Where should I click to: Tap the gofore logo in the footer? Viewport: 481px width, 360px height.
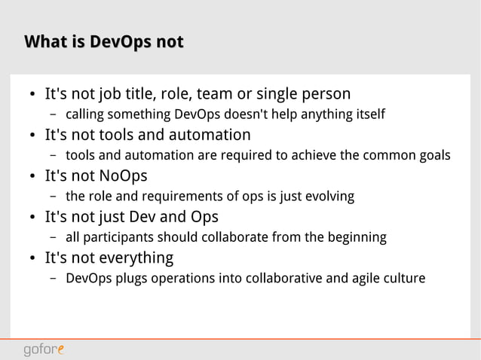tap(44, 349)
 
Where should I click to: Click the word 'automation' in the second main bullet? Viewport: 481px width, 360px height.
tap(213, 136)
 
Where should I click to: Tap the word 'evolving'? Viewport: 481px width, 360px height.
tap(329, 197)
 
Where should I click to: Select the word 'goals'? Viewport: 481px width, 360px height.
tap(433, 156)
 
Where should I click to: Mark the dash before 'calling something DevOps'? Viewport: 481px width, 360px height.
tap(54, 115)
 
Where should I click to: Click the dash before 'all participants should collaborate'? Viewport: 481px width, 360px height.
tap(54, 238)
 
